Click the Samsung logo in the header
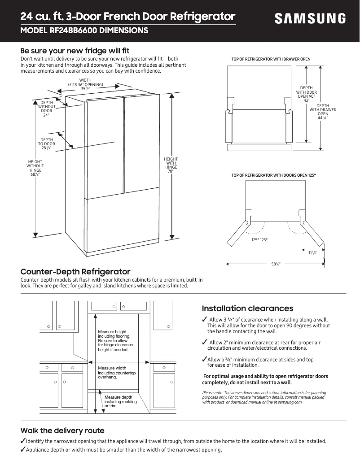[310, 19]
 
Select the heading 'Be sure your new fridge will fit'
[75, 51]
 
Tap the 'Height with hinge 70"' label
[171, 165]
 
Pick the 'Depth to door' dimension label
[46, 144]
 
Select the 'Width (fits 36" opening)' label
[85, 85]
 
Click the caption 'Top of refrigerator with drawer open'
[271, 59]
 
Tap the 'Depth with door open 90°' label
[307, 94]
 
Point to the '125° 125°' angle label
[259, 240]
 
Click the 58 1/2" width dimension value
[276, 264]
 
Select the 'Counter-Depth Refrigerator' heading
[75, 272]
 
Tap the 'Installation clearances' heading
[247, 309]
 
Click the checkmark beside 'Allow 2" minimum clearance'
[204, 343]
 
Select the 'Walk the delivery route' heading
[62, 430]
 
